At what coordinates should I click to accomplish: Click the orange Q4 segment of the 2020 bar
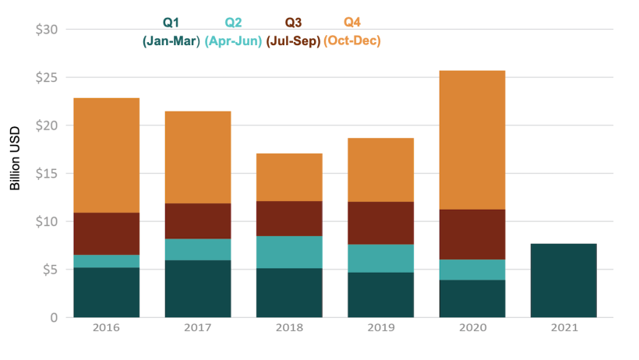472,140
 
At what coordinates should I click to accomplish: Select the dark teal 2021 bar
563,281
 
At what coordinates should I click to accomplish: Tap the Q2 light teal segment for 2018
289,252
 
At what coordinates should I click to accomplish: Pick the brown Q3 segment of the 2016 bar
106,234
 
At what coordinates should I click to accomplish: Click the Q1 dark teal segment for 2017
198,288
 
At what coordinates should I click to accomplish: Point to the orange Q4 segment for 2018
289,177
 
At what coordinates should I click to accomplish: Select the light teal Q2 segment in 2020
472,270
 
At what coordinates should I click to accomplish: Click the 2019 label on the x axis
380,328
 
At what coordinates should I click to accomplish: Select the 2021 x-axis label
563,328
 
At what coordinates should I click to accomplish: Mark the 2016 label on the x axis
106,328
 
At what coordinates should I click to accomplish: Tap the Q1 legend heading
171,23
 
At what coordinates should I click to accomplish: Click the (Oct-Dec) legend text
352,40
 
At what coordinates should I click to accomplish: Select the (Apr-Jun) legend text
233,40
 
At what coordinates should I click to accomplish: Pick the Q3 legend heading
294,23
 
